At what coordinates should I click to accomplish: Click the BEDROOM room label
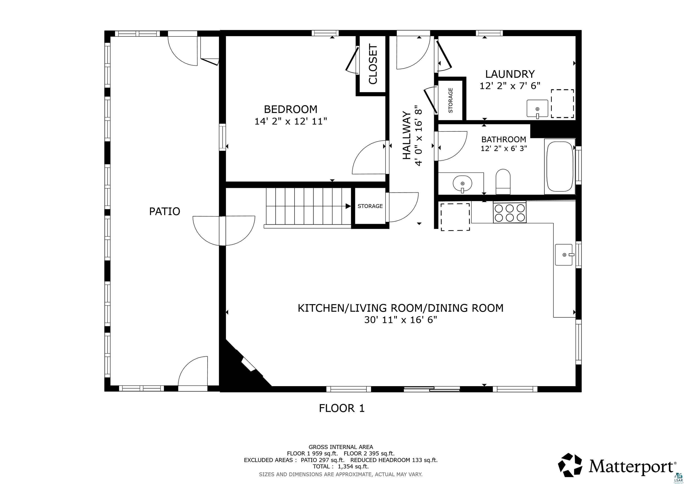291,109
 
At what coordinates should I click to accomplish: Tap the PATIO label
165,211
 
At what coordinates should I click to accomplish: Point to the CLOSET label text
373,64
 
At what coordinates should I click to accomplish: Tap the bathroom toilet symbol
503,182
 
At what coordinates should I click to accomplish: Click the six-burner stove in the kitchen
510,212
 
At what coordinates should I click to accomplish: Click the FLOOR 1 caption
342,408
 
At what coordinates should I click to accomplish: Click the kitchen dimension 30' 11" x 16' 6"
401,320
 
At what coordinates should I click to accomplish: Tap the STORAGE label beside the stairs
370,206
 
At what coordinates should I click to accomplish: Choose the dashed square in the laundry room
562,103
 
